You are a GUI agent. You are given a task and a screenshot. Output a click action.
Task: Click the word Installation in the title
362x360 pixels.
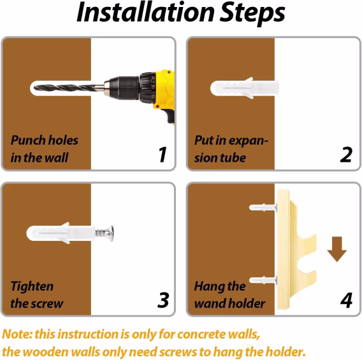[146, 12]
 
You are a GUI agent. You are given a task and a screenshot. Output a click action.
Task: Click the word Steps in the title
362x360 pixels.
[252, 14]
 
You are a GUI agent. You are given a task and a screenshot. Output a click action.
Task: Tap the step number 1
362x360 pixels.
[163, 154]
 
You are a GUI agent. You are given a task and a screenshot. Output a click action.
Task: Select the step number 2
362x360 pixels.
[346, 154]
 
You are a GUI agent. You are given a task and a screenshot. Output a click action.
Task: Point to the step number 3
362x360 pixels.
[163, 299]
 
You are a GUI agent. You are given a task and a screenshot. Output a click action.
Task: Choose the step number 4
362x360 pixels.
[346, 299]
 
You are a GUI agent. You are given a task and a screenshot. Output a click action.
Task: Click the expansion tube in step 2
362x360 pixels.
[244, 88]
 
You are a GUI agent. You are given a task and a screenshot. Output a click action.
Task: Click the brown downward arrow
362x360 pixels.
[337, 249]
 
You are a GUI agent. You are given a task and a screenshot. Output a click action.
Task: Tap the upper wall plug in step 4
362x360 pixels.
[263, 208]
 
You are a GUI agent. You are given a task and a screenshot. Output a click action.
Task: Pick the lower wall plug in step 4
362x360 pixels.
[263, 280]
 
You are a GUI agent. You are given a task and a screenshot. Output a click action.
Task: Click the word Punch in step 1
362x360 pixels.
[26, 140]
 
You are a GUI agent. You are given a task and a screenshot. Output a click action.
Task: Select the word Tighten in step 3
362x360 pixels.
[32, 287]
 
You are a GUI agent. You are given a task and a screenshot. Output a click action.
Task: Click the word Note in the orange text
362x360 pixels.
[17, 334]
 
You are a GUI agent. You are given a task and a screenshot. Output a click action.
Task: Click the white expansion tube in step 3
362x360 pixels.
[61, 233]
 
